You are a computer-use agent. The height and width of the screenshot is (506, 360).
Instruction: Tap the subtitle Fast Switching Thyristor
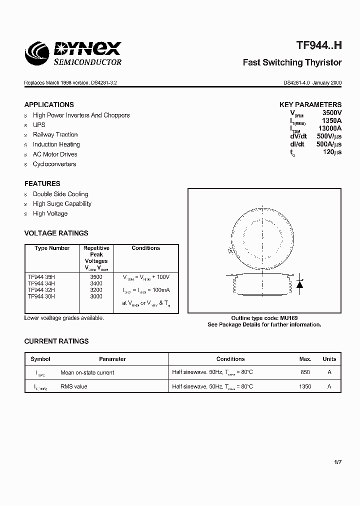292,62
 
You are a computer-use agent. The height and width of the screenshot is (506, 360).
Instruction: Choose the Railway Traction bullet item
55,134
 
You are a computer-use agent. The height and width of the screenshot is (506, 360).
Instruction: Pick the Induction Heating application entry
56,144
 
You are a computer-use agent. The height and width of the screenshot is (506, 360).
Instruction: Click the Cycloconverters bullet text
54,164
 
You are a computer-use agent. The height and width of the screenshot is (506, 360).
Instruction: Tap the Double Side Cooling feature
60,194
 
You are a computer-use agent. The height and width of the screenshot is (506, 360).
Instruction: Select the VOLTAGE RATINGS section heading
56,233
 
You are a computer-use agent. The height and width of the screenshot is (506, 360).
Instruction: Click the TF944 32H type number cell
41,290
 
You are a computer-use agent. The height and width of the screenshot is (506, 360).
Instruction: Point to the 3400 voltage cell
96,283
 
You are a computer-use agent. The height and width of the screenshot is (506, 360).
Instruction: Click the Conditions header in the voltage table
146,248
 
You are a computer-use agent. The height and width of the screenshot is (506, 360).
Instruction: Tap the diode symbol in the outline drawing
300,284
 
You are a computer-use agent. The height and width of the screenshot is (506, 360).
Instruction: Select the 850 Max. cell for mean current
305,372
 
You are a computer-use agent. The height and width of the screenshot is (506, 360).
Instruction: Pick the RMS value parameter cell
73,386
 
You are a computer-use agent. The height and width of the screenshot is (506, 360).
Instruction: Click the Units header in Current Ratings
329,359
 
